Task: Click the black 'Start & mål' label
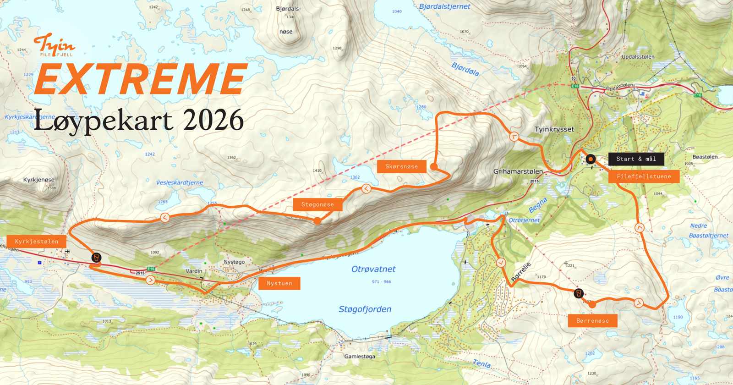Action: (x=636, y=159)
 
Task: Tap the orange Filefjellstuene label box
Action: (x=644, y=176)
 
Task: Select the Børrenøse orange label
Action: (x=592, y=321)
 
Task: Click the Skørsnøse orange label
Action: (x=401, y=167)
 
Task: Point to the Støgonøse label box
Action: (x=317, y=204)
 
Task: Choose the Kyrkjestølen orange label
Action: (x=37, y=242)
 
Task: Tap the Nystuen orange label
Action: (x=279, y=283)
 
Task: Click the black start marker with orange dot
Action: (x=591, y=159)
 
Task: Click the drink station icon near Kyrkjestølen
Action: (x=96, y=258)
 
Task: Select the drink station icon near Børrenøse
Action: (x=579, y=293)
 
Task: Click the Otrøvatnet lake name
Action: (x=373, y=269)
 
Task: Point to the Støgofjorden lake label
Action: (x=365, y=309)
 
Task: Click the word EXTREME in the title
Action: (x=141, y=79)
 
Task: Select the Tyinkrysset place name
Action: (x=554, y=129)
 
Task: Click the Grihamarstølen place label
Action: (x=518, y=171)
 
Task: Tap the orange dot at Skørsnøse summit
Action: (x=434, y=166)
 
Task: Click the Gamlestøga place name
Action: (x=360, y=356)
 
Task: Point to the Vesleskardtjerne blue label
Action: (x=179, y=182)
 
